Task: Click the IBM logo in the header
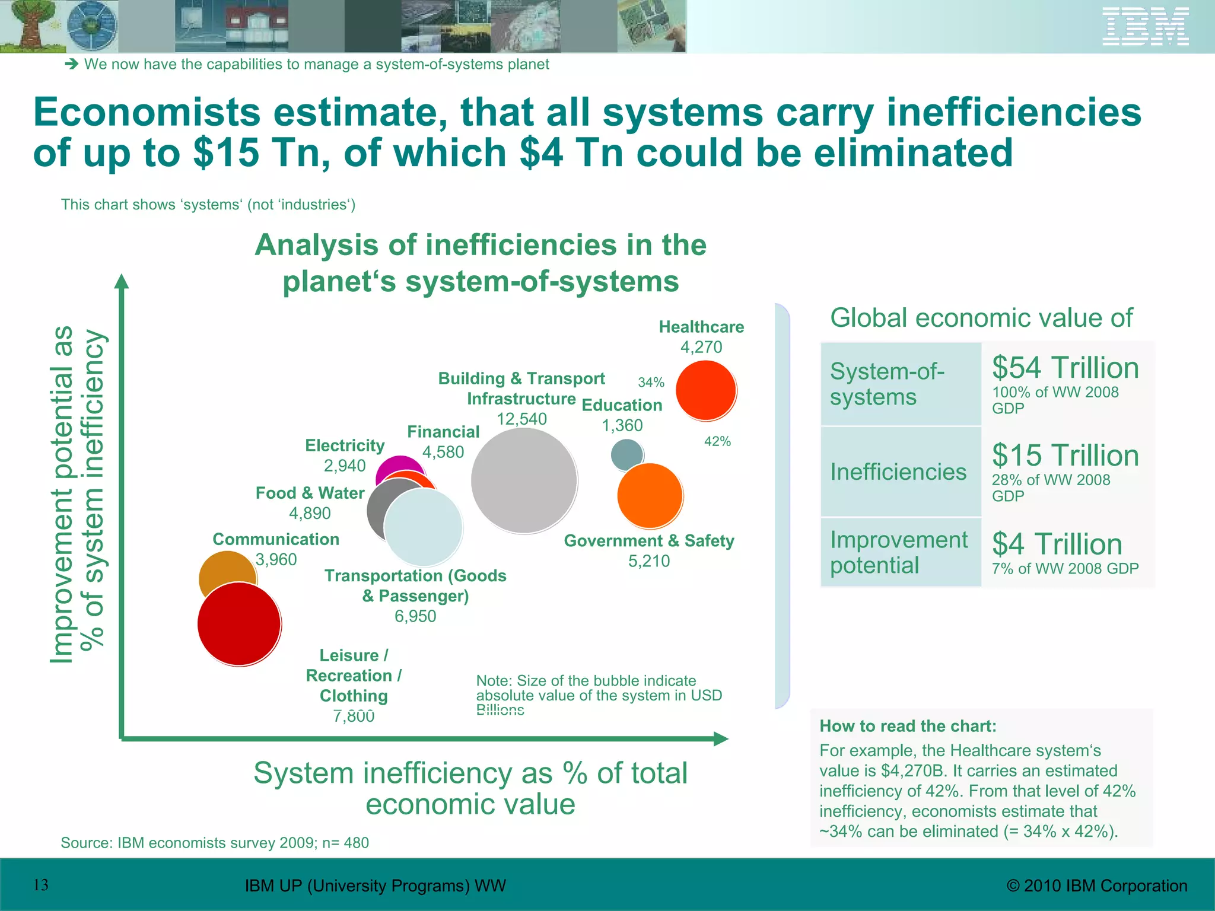point(1145,27)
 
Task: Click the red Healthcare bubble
point(706,391)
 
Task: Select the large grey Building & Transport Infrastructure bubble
point(524,480)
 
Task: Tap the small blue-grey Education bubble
point(626,453)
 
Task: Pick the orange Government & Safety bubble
point(650,496)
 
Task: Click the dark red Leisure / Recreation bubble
point(239,624)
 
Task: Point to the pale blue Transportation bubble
point(424,527)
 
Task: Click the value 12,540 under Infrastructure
point(521,419)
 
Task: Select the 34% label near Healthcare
point(651,383)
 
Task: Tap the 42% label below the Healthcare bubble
point(717,441)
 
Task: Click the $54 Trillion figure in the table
point(1065,368)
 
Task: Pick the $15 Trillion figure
point(1065,455)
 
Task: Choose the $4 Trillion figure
point(1057,544)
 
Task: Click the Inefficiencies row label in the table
point(898,472)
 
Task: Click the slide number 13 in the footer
point(41,885)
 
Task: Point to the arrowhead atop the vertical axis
point(121,281)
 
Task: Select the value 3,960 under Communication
point(276,559)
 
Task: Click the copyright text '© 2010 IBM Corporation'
point(1097,885)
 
